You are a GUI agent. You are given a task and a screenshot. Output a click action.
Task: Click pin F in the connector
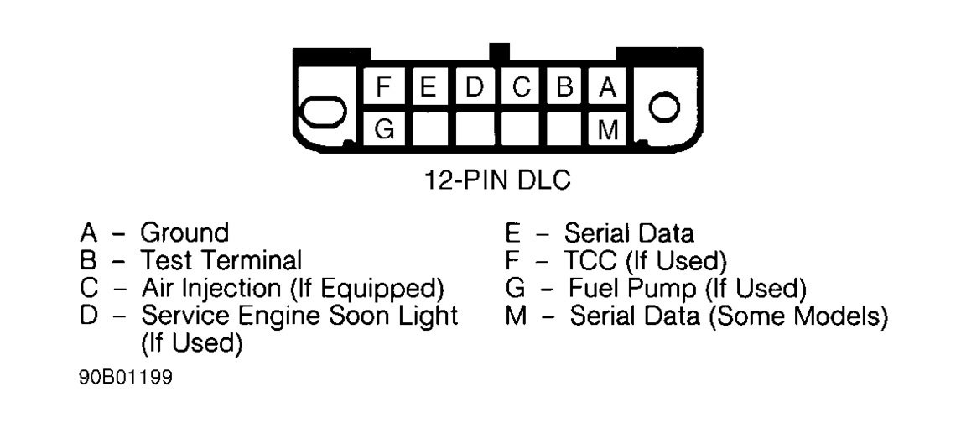(x=384, y=86)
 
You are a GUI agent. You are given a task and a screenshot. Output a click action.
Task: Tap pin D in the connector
(x=475, y=86)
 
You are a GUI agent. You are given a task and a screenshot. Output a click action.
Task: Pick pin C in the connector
(x=521, y=86)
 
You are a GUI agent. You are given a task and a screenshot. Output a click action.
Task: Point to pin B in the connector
(x=566, y=86)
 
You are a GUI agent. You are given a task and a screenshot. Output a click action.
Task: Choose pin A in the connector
(x=610, y=86)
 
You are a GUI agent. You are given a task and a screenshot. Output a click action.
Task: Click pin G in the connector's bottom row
(x=384, y=130)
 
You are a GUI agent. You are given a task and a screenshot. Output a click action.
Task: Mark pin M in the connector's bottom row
(x=610, y=130)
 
